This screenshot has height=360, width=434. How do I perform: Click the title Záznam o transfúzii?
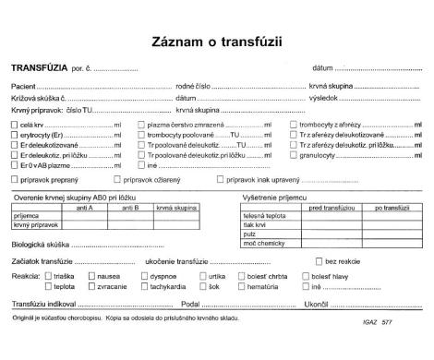point(217,42)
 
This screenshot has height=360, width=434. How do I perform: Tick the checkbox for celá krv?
point(14,123)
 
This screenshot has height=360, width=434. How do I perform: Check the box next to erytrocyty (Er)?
point(14,134)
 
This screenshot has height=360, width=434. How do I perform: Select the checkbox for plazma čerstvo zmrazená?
point(140,123)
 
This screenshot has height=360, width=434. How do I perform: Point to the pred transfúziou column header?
point(329,208)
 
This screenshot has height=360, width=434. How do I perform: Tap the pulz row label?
point(249,234)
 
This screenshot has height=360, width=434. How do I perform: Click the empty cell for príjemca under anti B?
point(130,216)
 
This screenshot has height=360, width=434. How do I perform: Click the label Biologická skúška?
point(39,246)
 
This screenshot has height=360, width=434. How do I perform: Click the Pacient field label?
point(24,86)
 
